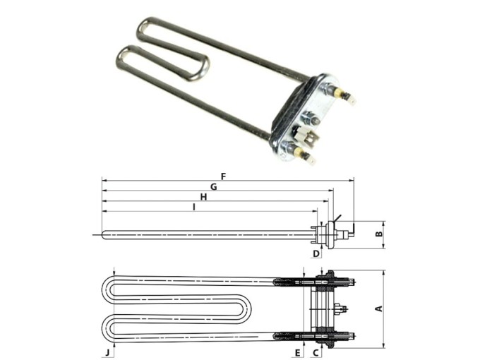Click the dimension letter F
point(223,176)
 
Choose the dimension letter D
point(316,253)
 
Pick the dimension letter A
point(378,308)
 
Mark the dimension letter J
point(107,352)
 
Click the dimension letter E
point(298,352)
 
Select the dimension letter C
point(316,352)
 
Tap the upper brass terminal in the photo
point(345,95)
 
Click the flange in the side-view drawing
point(323,233)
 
